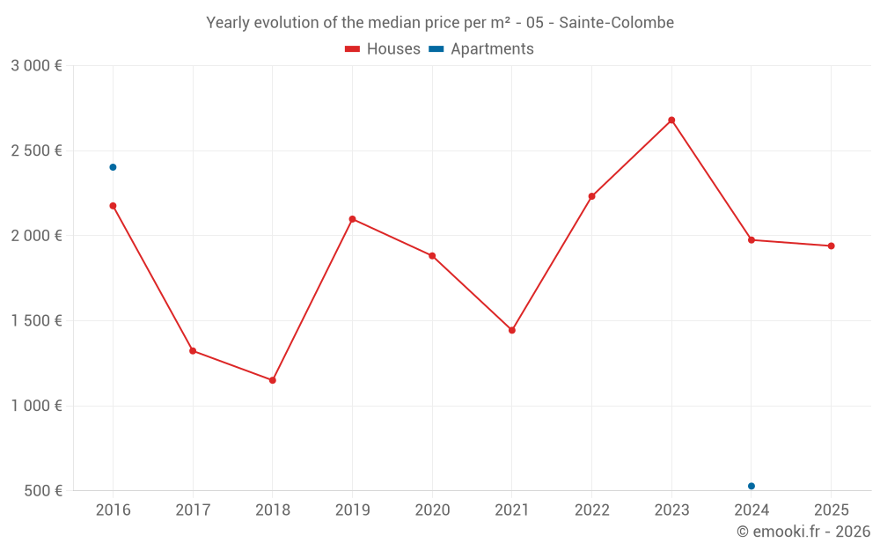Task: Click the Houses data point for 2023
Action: [x=671, y=120]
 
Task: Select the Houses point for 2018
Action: [x=273, y=380]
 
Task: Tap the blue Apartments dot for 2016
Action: [x=113, y=167]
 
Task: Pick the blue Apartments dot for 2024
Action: [x=752, y=486]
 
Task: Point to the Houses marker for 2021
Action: [x=512, y=330]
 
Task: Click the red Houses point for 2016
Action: [x=113, y=206]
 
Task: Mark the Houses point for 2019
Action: [x=352, y=219]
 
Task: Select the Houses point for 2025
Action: [x=831, y=246]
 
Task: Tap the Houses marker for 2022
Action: [x=591, y=196]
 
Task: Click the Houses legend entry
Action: [x=383, y=49]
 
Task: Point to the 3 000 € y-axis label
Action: [x=36, y=66]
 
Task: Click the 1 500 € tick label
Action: [x=36, y=321]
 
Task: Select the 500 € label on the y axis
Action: [x=42, y=491]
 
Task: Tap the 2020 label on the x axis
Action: [x=432, y=510]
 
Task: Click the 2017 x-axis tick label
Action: [x=193, y=510]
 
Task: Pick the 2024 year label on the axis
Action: [x=752, y=510]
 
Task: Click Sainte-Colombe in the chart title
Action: [x=617, y=23]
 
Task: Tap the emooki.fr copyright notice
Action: [x=803, y=532]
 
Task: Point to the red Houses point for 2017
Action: [x=193, y=351]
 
